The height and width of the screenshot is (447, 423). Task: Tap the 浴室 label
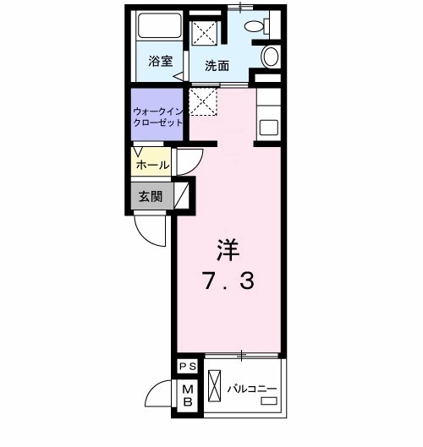pyautogui.click(x=160, y=61)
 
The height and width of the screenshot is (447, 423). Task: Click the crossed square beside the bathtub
pyautogui.click(x=204, y=34)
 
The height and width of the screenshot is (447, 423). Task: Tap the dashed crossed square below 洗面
pyautogui.click(x=204, y=103)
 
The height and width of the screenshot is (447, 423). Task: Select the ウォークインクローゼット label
pyautogui.click(x=157, y=117)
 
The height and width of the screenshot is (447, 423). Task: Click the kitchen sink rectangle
pyautogui.click(x=270, y=128)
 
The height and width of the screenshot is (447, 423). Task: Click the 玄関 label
pyautogui.click(x=151, y=197)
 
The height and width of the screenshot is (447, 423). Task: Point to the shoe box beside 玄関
pyautogui.click(x=180, y=197)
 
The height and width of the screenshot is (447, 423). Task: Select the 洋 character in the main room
pyautogui.click(x=228, y=249)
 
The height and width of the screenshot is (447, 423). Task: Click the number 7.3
pyautogui.click(x=228, y=281)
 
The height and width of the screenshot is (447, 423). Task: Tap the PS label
pyautogui.click(x=187, y=365)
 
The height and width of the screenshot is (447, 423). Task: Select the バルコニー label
pyautogui.click(x=252, y=390)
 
